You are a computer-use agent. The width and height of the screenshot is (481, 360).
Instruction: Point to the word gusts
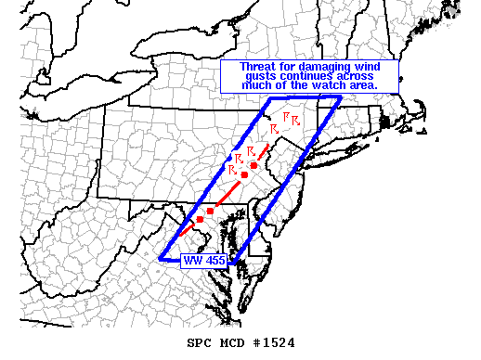[263, 77]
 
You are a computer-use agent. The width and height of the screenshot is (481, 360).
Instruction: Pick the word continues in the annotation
[311, 77]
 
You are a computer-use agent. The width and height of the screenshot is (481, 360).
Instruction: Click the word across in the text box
[361, 77]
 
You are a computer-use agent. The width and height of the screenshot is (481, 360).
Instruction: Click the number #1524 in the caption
[272, 342]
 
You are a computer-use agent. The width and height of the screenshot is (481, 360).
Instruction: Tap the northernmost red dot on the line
[253, 165]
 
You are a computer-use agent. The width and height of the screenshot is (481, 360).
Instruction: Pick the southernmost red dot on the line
[200, 220]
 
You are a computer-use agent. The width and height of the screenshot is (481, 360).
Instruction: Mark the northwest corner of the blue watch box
[269, 97]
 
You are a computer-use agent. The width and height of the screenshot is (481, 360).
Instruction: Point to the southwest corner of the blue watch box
[160, 259]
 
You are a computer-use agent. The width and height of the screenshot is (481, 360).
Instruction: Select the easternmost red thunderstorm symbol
[296, 120]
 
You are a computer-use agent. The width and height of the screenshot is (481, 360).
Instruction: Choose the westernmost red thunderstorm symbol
[238, 156]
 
